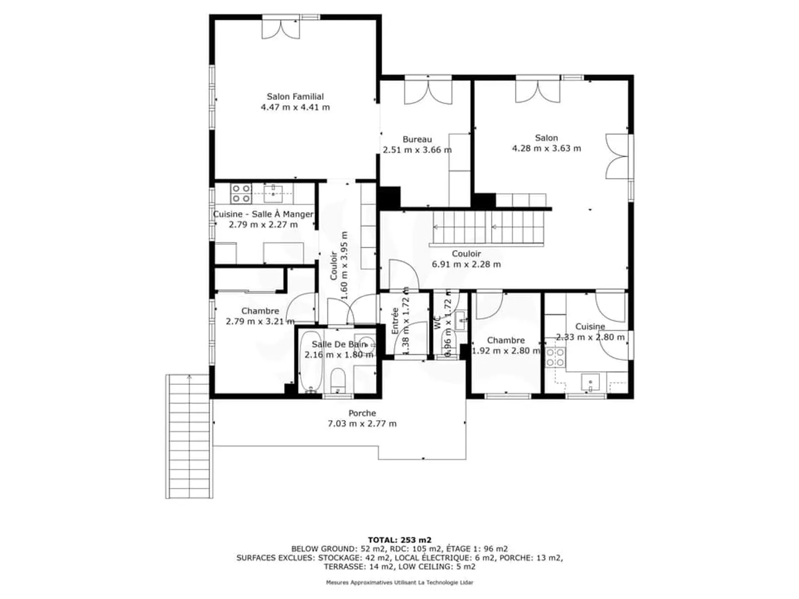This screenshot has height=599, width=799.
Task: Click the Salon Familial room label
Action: click(x=295, y=97)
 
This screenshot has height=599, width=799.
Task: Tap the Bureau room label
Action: click(x=417, y=139)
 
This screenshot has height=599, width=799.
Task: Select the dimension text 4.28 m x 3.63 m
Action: click(x=547, y=148)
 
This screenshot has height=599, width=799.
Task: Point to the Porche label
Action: click(x=362, y=413)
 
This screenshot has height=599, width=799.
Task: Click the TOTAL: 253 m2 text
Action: click(x=399, y=540)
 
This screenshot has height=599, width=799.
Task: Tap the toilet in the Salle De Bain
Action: click(x=338, y=381)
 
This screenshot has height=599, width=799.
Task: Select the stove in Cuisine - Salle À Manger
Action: click(x=241, y=193)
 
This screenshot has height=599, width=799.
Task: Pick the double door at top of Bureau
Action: click(x=428, y=92)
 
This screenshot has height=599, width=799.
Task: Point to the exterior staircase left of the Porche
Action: click(x=189, y=436)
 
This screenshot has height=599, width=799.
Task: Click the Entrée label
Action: click(x=395, y=321)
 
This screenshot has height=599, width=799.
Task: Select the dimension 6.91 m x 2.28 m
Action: click(x=466, y=264)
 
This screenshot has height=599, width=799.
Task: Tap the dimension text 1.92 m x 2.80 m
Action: click(x=505, y=351)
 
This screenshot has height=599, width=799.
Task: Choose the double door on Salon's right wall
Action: click(x=617, y=156)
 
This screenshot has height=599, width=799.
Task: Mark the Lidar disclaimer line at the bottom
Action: click(x=399, y=582)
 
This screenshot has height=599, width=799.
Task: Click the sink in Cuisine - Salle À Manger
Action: click(x=274, y=193)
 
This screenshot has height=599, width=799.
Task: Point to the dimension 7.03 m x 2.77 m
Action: click(x=362, y=424)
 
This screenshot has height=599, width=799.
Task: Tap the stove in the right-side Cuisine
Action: click(x=555, y=357)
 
